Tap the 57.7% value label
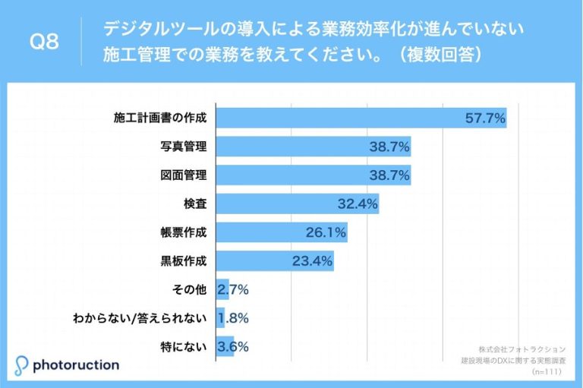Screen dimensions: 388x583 click(485, 118)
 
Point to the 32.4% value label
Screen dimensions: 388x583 click(358, 203)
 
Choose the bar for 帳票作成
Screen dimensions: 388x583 click(282, 232)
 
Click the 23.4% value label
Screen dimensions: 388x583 click(312, 260)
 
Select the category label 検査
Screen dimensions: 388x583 click(194, 203)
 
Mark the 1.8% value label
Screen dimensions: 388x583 click(233, 317)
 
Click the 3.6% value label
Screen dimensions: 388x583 click(232, 346)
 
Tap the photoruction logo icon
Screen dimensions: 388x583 click(22, 365)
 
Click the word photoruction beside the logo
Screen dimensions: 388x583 click(76, 365)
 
